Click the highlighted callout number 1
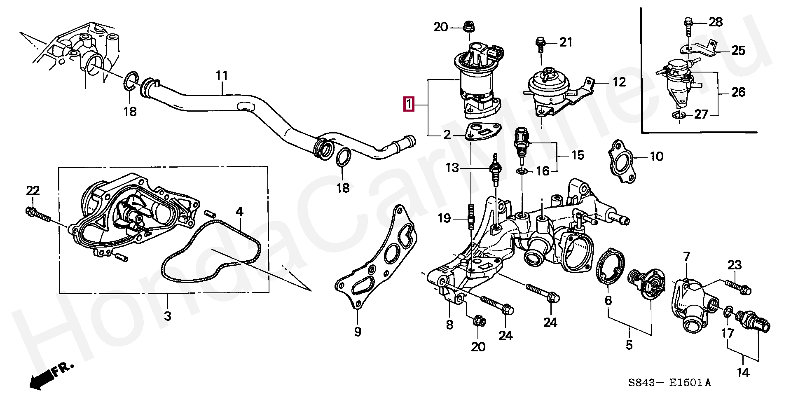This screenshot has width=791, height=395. (x=408, y=104)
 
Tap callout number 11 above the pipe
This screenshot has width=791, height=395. (x=222, y=76)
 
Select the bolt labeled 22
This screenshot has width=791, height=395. (x=37, y=214)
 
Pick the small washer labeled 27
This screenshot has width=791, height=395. (x=679, y=115)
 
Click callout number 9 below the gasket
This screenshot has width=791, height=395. (x=357, y=331)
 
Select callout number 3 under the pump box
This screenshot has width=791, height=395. (x=167, y=316)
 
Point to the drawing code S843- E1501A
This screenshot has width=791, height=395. (x=669, y=383)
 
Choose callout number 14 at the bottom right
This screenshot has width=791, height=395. (x=743, y=373)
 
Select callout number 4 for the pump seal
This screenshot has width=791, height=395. (x=239, y=212)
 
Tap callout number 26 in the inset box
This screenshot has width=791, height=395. (x=738, y=92)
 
